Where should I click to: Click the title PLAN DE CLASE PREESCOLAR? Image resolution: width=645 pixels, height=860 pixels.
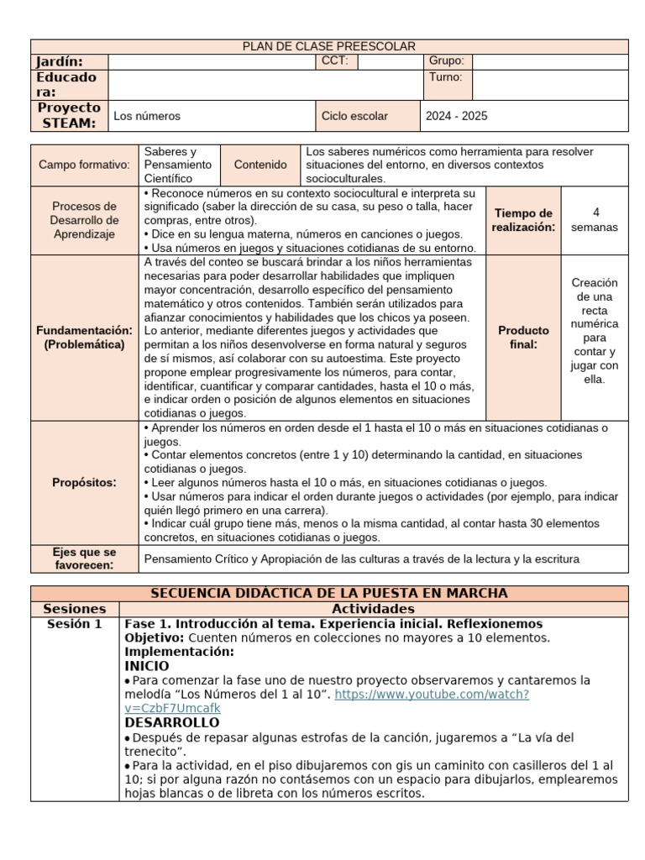point(329,46)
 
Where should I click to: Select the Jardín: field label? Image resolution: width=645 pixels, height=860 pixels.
point(60,61)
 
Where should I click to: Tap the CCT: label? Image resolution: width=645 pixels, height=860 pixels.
point(333,61)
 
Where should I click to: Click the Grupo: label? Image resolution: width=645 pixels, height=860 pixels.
point(446,61)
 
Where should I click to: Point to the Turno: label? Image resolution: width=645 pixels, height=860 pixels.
point(446,77)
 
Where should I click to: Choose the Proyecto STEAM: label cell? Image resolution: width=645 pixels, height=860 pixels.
point(69,116)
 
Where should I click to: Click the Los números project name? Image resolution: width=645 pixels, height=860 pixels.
point(147,116)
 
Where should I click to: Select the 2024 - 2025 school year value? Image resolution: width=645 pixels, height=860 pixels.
point(458,116)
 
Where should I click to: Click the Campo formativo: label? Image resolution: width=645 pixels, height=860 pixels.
point(84,165)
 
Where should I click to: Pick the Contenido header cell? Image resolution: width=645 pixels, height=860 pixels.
point(260,165)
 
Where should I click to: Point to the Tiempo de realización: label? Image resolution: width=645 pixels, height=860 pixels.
point(523,220)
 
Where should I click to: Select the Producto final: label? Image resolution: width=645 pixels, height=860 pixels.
point(523,337)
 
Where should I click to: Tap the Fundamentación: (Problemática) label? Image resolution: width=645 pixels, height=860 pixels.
point(84,337)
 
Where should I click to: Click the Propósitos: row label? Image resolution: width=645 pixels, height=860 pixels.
point(84,482)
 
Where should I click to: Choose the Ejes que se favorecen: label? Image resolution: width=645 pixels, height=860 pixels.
point(84,558)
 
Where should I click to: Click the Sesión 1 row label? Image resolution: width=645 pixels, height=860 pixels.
point(75,624)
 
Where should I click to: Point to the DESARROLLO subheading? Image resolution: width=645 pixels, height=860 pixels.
point(172,722)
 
